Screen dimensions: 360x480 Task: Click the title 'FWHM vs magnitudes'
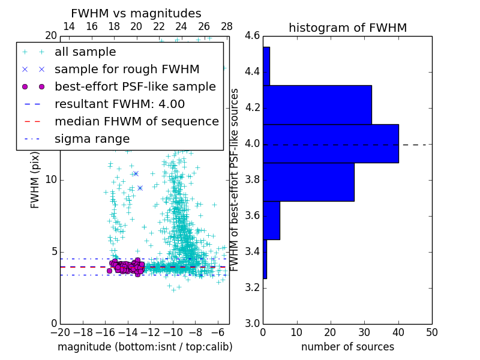pyautogui.click(x=136, y=13)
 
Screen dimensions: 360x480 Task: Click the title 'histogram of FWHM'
pyautogui.click(x=347, y=28)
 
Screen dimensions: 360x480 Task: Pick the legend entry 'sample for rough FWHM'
pyautogui.click(x=127, y=69)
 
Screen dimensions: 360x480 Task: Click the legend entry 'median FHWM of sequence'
pyautogui.click(x=136, y=121)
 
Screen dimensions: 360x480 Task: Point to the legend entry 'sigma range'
pyautogui.click(x=92, y=139)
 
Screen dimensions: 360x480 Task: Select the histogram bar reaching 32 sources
pyautogui.click(x=317, y=104)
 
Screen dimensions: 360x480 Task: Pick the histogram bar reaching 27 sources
pyautogui.click(x=308, y=182)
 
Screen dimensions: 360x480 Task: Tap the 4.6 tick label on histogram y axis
pyautogui.click(x=252, y=37)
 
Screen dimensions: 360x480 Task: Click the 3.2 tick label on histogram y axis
pyautogui.click(x=252, y=287)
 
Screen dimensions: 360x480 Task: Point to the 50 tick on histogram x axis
pyautogui.click(x=431, y=332)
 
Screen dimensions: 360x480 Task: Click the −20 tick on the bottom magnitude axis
pyautogui.click(x=60, y=332)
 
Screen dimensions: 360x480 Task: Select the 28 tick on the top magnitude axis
pyautogui.click(x=227, y=27)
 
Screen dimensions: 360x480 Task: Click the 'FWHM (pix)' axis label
pyautogui.click(x=35, y=179)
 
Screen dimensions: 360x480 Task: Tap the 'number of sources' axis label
pyautogui.click(x=347, y=347)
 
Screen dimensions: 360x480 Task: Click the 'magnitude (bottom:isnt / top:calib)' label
pyautogui.click(x=145, y=347)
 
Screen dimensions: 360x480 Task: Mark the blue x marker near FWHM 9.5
pyautogui.click(x=140, y=188)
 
